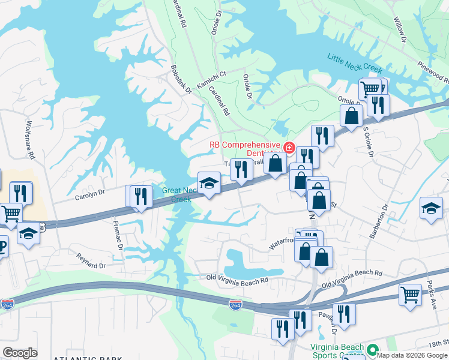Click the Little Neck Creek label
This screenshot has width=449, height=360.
pos(355,64)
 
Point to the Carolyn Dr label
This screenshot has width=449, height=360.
pos(89,194)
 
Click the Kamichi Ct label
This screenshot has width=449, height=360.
pos(213,75)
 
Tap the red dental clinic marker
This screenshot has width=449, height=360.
pos(289,147)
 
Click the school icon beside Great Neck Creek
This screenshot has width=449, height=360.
pos(209,183)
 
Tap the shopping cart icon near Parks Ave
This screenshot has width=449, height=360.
pos(410,295)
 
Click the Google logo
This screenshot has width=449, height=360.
pos(20,352)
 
